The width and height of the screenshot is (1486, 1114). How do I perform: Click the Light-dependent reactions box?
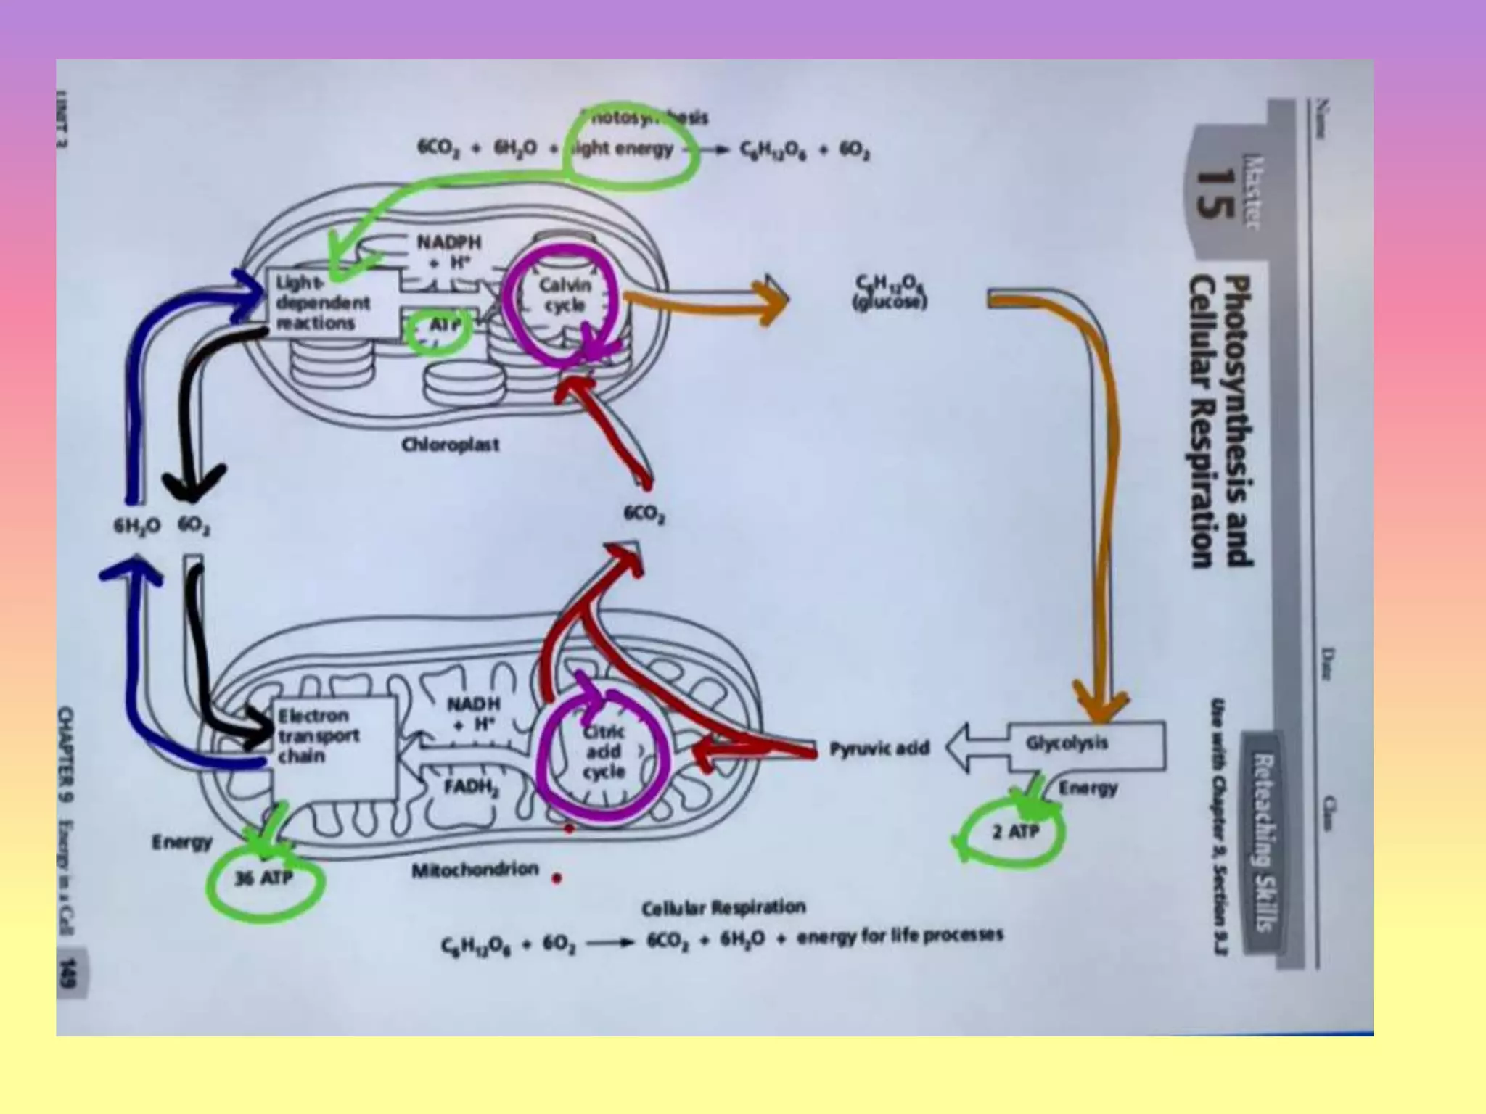[324, 303]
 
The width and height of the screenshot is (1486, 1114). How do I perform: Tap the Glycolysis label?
[1067, 743]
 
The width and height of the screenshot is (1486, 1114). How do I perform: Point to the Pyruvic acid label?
[879, 748]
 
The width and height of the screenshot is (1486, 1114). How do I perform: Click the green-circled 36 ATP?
[263, 879]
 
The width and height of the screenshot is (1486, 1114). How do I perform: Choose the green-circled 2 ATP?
[1015, 832]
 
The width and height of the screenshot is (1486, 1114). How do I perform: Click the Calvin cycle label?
[565, 295]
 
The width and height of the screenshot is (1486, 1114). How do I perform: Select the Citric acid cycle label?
[604, 752]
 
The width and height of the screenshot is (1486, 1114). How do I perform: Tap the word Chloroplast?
[451, 444]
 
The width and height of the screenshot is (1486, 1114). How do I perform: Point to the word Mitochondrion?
[475, 870]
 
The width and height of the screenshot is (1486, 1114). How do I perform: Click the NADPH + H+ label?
[448, 252]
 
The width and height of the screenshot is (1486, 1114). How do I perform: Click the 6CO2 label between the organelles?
[645, 514]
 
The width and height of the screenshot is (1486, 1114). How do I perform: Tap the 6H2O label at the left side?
[136, 527]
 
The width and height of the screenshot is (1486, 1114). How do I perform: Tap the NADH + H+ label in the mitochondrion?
[473, 714]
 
